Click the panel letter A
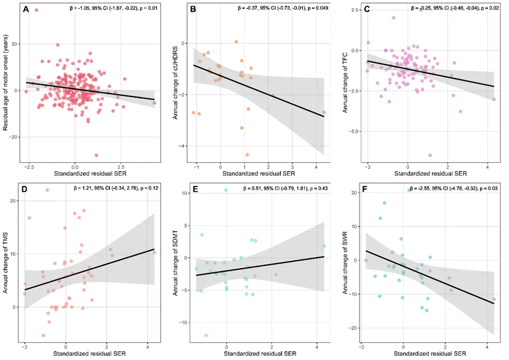point(26,9)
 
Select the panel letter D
point(25,189)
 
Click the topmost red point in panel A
point(36,10)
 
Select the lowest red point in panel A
point(97,155)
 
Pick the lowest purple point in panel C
point(430,155)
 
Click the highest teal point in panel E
point(225,190)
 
